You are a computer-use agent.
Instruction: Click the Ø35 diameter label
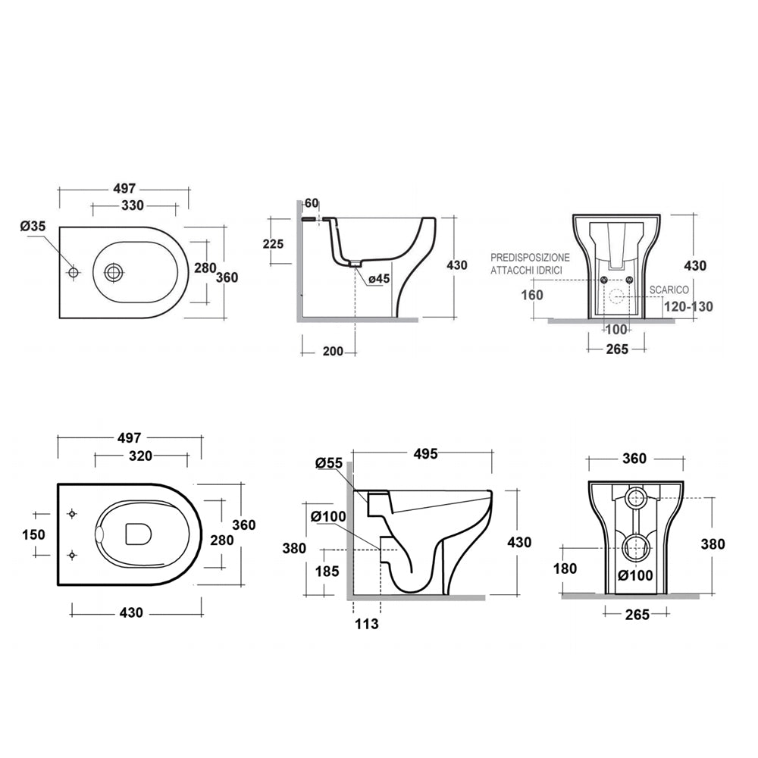click(33, 226)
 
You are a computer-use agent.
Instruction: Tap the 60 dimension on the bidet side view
click(312, 203)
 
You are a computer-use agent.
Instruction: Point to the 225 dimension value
click(272, 244)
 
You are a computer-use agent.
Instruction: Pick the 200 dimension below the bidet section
click(333, 351)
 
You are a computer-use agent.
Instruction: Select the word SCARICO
click(669, 290)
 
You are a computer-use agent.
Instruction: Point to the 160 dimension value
click(532, 294)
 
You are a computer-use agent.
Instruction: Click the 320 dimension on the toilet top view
click(140, 456)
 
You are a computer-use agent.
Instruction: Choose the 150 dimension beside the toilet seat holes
click(34, 534)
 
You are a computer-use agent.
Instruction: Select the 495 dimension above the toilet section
click(425, 454)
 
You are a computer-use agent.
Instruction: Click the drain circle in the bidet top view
click(114, 271)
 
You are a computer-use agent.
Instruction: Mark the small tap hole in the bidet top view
click(74, 272)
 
